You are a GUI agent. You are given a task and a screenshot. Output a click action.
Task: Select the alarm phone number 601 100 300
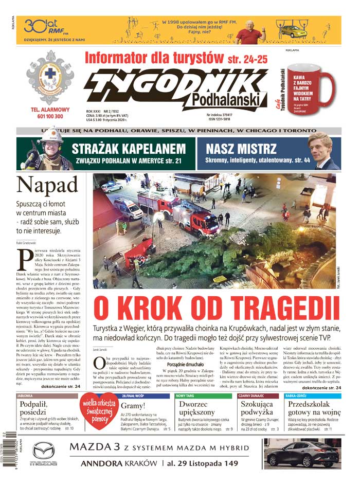(x=50, y=117)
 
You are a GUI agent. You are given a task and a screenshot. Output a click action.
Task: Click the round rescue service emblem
(x=50, y=76)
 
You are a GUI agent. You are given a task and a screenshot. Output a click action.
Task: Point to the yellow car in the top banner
(x=293, y=31)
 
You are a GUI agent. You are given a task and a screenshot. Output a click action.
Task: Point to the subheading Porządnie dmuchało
(x=177, y=364)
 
